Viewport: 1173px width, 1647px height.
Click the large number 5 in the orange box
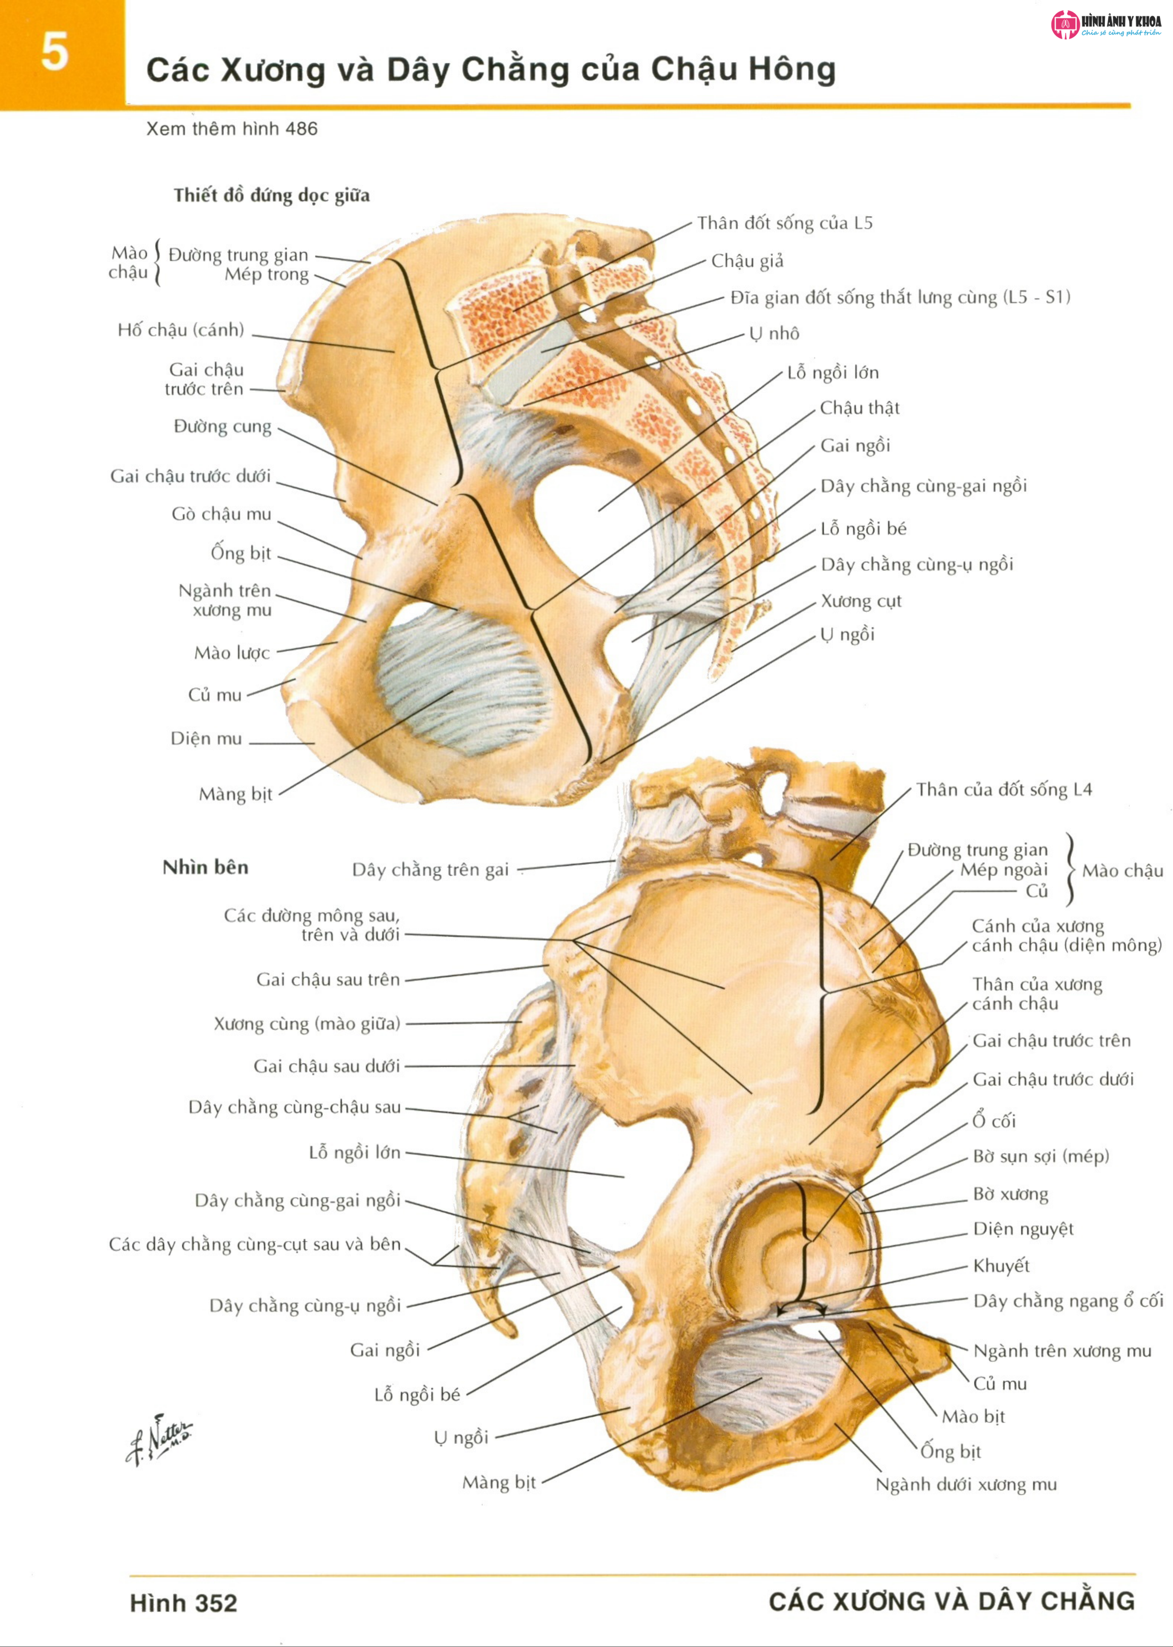pos(54,52)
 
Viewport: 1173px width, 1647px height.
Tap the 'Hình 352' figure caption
pos(183,1603)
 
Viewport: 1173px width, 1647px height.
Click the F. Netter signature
pos(159,1438)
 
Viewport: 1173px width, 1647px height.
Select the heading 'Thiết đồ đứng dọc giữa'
pos(271,195)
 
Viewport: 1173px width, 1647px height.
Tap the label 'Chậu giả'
pos(747,261)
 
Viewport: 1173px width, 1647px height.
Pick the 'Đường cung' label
pos(222,426)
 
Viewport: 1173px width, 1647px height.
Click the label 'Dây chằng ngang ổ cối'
pos(1067,1301)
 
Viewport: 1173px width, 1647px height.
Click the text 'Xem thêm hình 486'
pos(232,129)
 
